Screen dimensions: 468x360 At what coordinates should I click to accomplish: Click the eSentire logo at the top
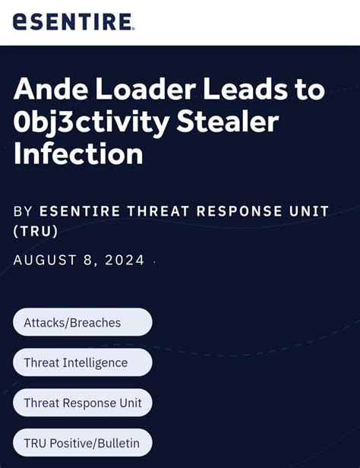(73, 22)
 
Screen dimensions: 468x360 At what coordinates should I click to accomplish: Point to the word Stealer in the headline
(229, 122)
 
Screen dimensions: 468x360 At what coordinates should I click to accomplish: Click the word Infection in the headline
(78, 154)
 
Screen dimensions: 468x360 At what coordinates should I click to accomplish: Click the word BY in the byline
(23, 210)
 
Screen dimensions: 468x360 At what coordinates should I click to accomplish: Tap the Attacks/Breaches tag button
(82, 322)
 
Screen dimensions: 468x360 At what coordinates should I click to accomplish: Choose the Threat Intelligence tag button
(82, 362)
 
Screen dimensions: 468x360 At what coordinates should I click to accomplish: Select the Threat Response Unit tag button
(82, 403)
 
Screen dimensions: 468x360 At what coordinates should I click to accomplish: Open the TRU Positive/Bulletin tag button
(82, 443)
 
